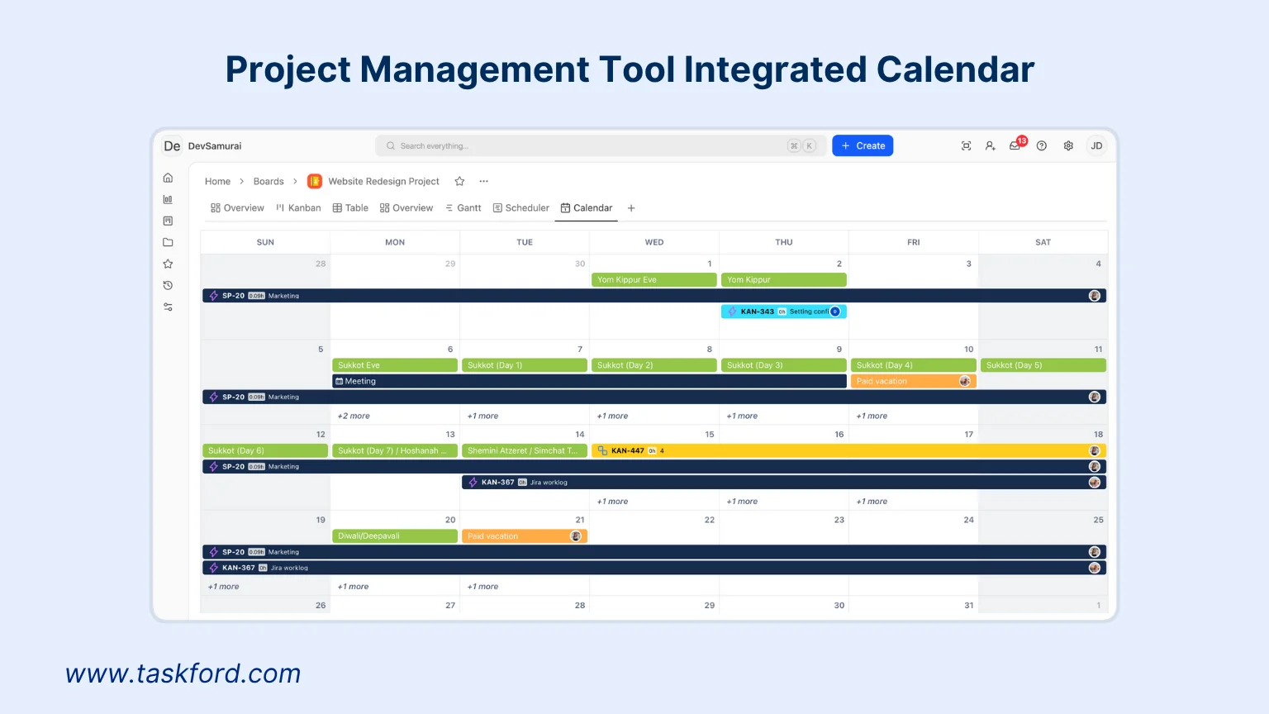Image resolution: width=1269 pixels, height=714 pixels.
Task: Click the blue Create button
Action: (863, 145)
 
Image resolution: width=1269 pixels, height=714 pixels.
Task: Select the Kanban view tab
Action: (298, 208)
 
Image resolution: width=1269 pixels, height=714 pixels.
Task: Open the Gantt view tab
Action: (463, 208)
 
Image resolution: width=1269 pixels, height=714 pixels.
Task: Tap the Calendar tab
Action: (587, 208)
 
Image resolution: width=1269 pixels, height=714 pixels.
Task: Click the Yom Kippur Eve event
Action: (654, 280)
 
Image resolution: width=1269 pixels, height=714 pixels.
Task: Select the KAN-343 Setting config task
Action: (783, 312)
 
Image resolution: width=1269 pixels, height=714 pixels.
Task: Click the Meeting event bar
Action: (589, 381)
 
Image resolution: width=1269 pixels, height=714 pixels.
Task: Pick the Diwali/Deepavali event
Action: (394, 536)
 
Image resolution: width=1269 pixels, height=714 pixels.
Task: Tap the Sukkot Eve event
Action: (394, 365)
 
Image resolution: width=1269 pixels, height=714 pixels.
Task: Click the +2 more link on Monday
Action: (354, 416)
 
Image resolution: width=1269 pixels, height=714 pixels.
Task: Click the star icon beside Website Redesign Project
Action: (460, 181)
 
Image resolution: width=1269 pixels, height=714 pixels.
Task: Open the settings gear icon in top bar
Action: (1068, 145)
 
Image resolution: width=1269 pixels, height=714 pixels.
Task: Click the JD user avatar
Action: (1096, 145)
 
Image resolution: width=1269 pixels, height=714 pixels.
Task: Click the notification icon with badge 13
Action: (1015, 145)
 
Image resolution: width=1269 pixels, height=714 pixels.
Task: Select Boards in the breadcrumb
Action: (269, 181)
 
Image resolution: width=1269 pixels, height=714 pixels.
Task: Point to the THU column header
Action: (783, 242)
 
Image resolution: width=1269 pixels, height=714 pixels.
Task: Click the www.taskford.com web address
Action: (183, 674)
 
